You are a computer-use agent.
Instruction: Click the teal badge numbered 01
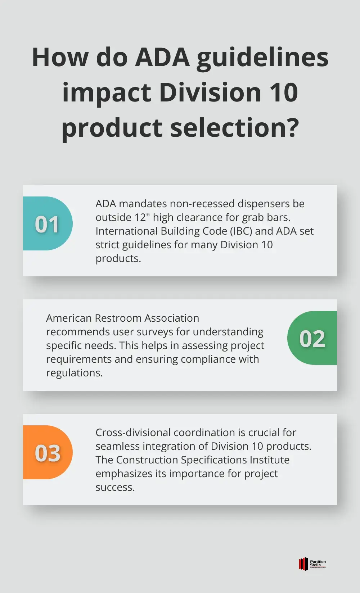(x=48, y=223)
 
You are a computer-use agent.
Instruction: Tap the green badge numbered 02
(x=312, y=338)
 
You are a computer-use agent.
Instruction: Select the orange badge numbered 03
(x=48, y=452)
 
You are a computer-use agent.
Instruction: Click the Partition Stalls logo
(x=312, y=563)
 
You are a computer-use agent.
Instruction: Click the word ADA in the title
(x=162, y=57)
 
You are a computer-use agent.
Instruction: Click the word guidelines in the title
(x=262, y=59)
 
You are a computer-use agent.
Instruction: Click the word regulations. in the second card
(x=75, y=373)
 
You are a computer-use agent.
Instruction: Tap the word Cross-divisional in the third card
(x=133, y=432)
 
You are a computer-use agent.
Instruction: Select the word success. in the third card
(x=115, y=487)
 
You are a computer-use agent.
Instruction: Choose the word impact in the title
(x=107, y=94)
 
